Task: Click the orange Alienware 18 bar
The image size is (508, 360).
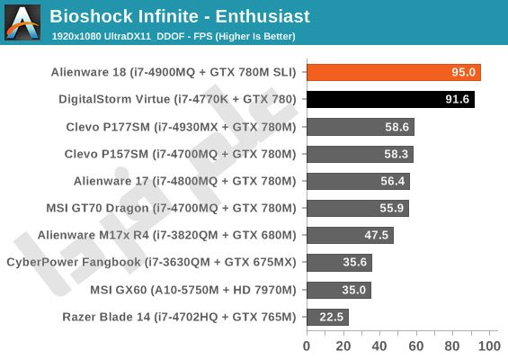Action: pos(394,72)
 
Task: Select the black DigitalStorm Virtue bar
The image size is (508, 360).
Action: pos(391,99)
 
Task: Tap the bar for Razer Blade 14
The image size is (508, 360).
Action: pos(327,317)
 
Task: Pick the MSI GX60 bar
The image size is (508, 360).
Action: pos(339,290)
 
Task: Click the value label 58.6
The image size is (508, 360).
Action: pos(397,127)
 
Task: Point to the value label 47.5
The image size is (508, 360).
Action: pos(376,235)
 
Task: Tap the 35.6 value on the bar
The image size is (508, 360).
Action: pos(355,262)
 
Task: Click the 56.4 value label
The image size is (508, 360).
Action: pos(393,181)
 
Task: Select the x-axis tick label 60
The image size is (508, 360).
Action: pos(416,346)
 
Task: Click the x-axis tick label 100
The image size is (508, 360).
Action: pos(489,346)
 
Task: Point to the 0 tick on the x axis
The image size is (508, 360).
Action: pos(307,346)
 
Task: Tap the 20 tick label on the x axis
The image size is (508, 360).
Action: pos(343,346)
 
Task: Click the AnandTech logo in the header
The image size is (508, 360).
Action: pos(22,22)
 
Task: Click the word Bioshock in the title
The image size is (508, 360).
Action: pos(92,16)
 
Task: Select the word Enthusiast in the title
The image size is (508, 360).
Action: pos(263,16)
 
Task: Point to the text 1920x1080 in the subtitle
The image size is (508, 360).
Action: pos(76,36)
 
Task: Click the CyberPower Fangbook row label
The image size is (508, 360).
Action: pos(151,262)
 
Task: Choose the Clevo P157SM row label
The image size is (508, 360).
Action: pos(180,154)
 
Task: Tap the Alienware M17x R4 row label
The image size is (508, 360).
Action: pos(167,235)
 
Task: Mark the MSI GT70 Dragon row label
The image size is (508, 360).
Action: pos(171,208)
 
